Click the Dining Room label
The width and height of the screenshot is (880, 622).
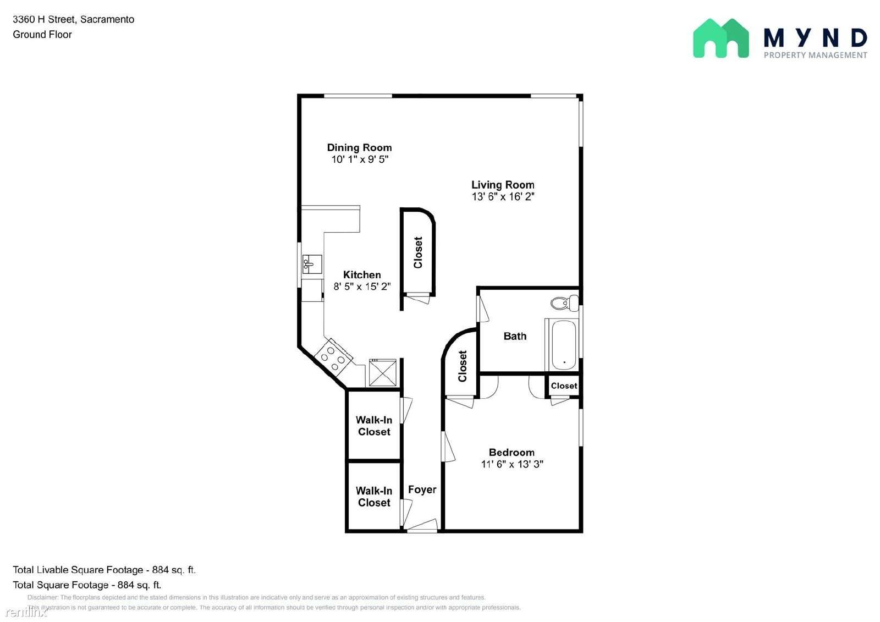(359, 148)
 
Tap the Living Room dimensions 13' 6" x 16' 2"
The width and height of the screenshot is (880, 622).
(503, 196)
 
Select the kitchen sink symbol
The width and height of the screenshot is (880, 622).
(312, 264)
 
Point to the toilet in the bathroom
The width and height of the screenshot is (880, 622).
(564, 303)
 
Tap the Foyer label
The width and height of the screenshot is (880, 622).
(422, 489)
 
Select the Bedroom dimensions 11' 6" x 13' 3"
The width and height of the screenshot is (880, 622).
(512, 464)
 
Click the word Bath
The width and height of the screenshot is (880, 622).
(515, 336)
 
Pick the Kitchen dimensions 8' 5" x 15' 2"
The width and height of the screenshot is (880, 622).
(362, 287)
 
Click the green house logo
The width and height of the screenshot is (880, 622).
(721, 38)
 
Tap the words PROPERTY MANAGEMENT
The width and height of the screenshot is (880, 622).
(815, 55)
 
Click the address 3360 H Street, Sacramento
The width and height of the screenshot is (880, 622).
(74, 19)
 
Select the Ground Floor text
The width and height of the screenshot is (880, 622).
(42, 35)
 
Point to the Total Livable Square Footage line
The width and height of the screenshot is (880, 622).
(104, 570)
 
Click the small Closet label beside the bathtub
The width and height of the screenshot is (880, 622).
(564, 386)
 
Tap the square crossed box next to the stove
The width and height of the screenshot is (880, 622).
(383, 372)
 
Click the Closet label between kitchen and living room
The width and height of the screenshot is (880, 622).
(417, 252)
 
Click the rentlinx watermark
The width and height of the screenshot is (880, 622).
(26, 612)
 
